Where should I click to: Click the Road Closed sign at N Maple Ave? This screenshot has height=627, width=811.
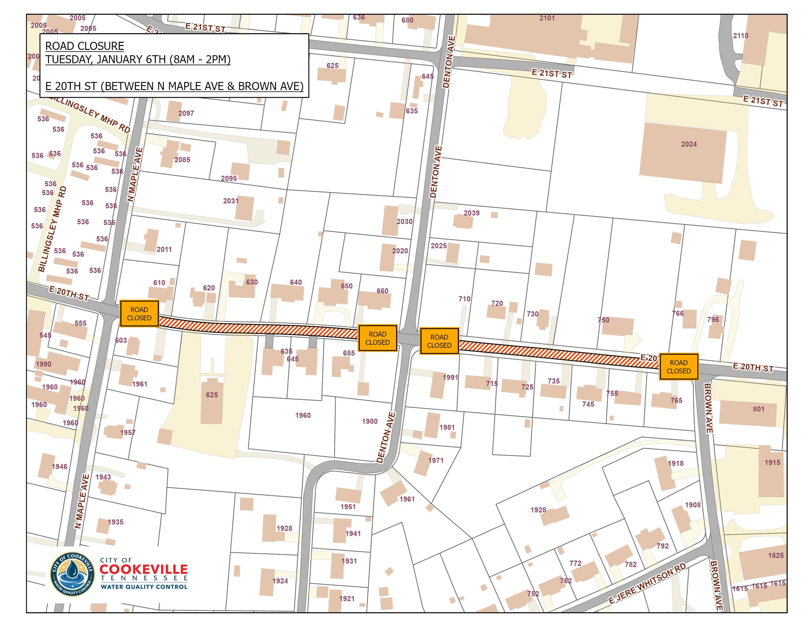click(139, 313)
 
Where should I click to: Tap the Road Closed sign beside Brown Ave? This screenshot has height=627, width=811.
click(678, 367)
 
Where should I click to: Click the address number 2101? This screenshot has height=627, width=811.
click(547, 18)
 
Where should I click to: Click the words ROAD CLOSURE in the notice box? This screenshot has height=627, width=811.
click(85, 46)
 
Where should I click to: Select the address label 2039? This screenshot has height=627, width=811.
click(472, 213)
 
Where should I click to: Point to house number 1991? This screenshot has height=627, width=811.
click(450, 377)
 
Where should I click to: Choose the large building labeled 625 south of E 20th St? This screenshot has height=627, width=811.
click(212, 401)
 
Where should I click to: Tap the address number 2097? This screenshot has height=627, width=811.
click(186, 113)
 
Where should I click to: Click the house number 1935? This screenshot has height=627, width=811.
click(115, 522)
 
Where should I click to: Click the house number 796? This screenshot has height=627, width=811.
click(713, 320)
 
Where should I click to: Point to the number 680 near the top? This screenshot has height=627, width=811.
click(407, 20)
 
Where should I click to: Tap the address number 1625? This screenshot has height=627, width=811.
click(776, 555)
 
